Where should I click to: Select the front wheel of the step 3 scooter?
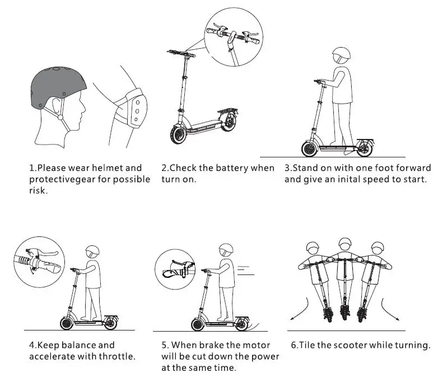click(309, 149)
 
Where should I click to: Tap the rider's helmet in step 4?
click(92, 252)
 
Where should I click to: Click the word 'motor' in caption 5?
click(258, 345)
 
